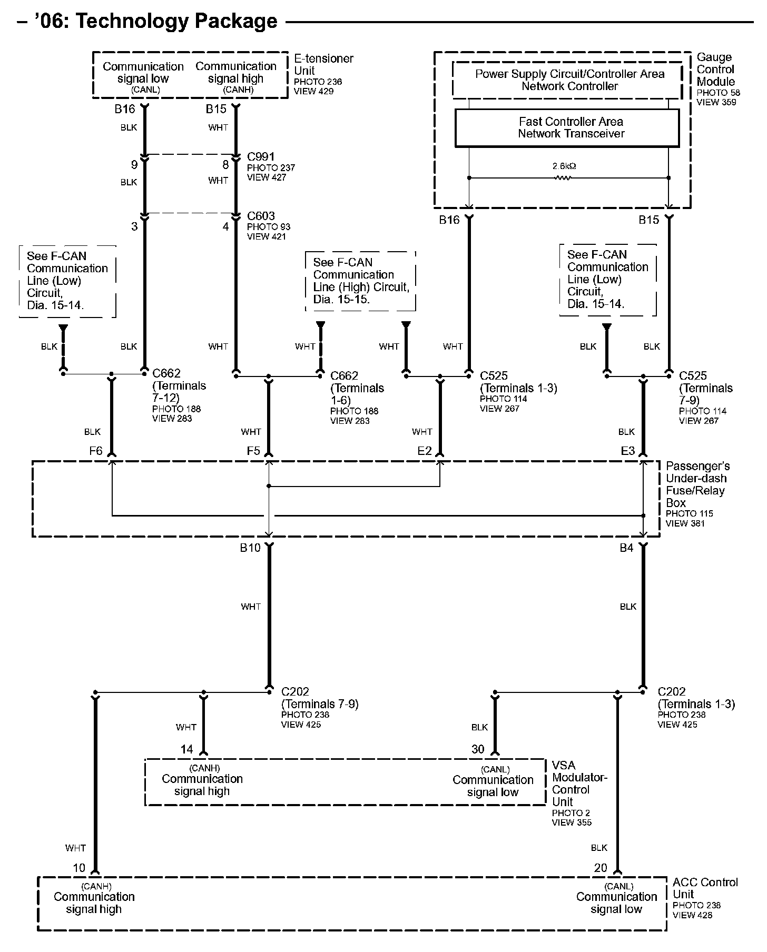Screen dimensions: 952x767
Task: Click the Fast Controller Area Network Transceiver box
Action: coord(567,128)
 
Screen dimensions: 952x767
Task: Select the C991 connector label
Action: coord(261,157)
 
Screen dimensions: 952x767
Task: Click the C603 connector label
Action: coord(261,216)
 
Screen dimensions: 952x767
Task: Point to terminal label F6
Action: coord(95,451)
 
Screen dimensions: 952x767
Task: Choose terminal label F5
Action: coord(253,451)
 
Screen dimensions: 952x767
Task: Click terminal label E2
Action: coord(424,451)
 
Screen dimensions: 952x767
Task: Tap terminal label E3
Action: coord(627,451)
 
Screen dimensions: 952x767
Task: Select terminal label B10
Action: coord(250,548)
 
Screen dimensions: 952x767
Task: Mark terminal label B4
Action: coord(626,548)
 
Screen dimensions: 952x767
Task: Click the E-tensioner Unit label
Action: coord(323,64)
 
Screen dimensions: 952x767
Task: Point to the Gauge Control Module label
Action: coord(715,69)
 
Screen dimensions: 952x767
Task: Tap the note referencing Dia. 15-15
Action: coord(360,281)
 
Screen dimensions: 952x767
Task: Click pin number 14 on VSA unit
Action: coord(186,749)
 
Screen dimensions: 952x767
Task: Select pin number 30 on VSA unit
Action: coord(477,749)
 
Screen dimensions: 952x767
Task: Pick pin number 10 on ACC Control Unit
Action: coord(78,868)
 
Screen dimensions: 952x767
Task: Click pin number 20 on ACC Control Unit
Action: coord(600,868)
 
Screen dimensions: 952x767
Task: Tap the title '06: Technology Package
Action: coord(147,21)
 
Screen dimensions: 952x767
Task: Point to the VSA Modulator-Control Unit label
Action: coord(579,784)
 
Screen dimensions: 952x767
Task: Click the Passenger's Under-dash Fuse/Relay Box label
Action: coord(697,484)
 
